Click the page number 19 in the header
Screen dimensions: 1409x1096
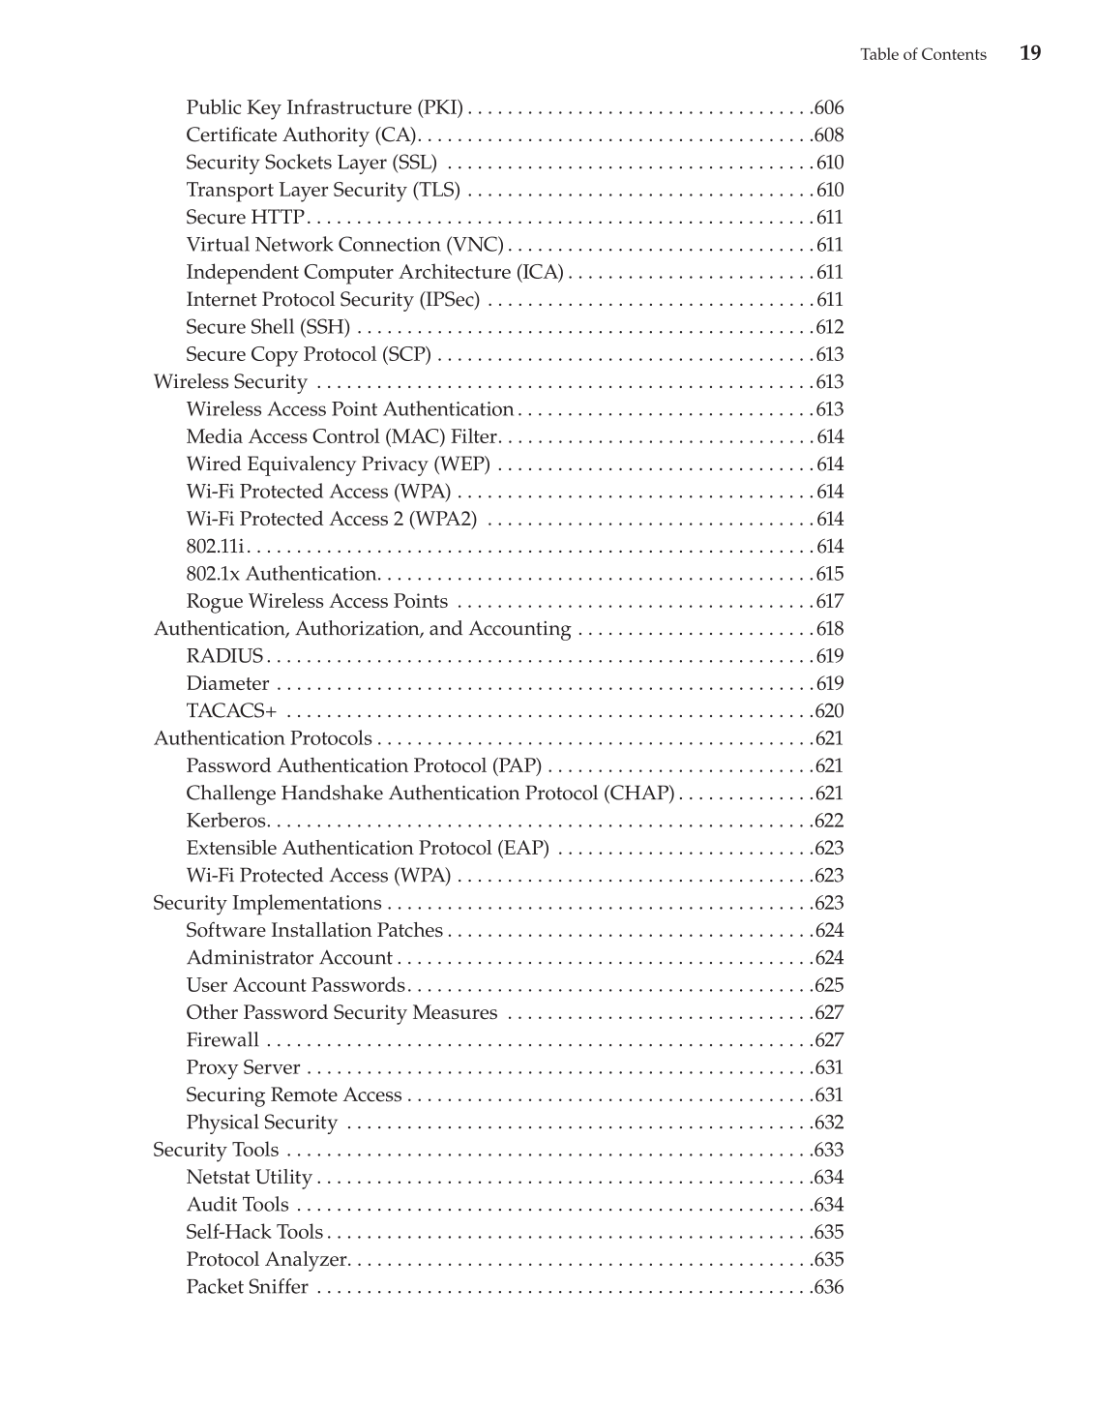[1030, 53]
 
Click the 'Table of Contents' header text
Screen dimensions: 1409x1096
[923, 55]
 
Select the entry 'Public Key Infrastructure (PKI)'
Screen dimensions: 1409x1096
[324, 107]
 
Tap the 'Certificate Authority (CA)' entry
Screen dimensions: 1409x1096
[302, 135]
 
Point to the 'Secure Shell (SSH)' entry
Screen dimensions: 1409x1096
[268, 327]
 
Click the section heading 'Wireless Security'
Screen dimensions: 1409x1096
[230, 382]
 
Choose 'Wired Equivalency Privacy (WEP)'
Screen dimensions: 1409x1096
[338, 465]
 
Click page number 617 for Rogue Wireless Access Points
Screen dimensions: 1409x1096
[830, 602]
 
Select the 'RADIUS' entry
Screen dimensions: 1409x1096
[224, 656]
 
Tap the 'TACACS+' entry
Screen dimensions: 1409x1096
[231, 711]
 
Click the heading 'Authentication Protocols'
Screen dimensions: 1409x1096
[263, 738]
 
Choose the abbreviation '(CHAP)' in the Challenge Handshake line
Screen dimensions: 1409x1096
[639, 794]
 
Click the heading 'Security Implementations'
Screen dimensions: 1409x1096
[267, 903]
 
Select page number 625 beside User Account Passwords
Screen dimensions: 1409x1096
[830, 985]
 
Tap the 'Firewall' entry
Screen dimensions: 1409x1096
[222, 1040]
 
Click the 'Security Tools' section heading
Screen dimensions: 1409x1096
[216, 1150]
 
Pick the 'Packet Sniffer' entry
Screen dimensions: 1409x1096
[247, 1287]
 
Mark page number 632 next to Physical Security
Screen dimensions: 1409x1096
[830, 1123]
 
